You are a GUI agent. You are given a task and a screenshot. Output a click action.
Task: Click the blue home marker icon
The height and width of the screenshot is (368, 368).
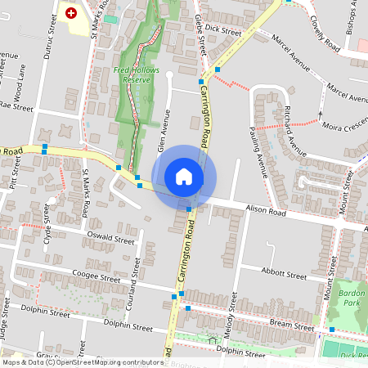184,177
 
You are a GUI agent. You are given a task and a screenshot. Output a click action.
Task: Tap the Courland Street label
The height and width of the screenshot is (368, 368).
131,293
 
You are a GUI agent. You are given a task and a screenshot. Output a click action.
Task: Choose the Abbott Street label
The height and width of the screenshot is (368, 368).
281,271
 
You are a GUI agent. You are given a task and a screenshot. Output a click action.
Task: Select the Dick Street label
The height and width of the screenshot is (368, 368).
223,29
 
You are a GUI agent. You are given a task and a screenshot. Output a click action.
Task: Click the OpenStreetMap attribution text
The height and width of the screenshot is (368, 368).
82,362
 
